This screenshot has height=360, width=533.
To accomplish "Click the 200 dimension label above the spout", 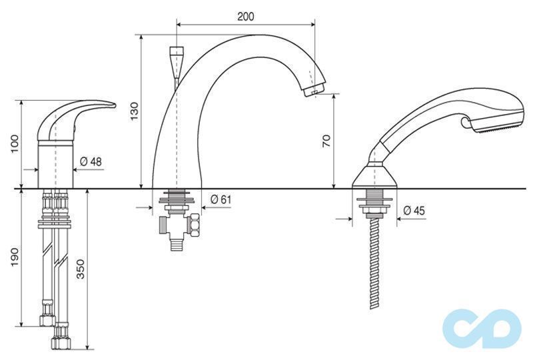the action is pyautogui.click(x=245, y=16).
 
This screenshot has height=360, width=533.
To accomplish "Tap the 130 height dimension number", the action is pyautogui.click(x=135, y=111).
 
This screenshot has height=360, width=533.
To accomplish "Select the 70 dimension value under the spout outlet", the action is pyautogui.click(x=326, y=140).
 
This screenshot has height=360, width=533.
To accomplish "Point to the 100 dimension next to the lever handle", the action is pyautogui.click(x=15, y=144).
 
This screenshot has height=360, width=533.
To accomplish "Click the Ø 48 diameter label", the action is pyautogui.click(x=91, y=161).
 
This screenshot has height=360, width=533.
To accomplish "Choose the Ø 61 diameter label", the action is pyautogui.click(x=221, y=199).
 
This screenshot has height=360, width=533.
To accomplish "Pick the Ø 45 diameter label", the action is pyautogui.click(x=414, y=211).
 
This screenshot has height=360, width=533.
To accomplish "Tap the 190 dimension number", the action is pyautogui.click(x=15, y=257).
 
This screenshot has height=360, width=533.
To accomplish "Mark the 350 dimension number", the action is pyautogui.click(x=80, y=269).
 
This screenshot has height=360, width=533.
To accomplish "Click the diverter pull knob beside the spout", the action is pyautogui.click(x=176, y=63).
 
